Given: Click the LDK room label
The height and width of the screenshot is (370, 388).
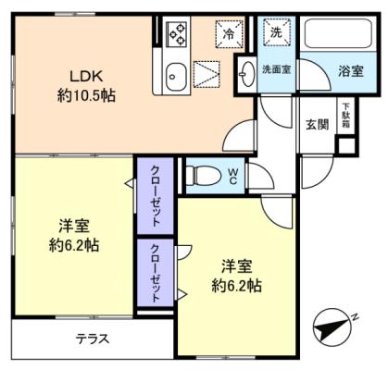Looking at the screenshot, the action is tap(86, 76).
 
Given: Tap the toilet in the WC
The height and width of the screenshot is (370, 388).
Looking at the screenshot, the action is tap(204, 176).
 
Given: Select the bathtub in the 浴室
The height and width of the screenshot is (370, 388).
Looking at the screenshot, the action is tap(338, 33).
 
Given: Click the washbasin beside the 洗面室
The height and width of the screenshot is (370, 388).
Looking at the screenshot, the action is tap(248, 74).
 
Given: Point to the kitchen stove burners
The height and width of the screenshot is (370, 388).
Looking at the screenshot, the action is tap(177, 33).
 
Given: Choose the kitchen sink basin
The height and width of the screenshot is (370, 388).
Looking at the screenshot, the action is tap(176, 77).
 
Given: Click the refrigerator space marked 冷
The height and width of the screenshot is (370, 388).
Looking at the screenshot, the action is tap(229, 33).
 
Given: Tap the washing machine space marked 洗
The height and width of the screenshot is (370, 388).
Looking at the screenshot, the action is tap(277, 32).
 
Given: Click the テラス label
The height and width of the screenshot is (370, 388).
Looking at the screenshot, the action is tap(93, 339).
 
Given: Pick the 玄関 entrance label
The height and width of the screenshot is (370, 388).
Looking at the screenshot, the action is tap(317, 125).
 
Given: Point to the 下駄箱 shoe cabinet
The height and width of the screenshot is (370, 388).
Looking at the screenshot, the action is tap(345, 116).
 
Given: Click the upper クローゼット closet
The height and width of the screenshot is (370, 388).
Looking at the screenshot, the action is tap(156, 195).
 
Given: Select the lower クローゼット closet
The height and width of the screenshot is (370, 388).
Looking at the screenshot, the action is tap(156, 273).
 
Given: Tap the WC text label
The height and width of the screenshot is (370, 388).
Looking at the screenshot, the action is tap(232, 176).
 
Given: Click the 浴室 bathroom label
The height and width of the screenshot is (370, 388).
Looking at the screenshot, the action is tap(351, 71).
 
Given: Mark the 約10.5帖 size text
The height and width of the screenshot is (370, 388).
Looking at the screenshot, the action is tap(86, 96).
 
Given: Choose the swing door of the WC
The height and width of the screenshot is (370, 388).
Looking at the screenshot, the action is tap(261, 176).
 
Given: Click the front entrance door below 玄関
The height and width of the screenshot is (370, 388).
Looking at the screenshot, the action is tap(318, 172).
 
